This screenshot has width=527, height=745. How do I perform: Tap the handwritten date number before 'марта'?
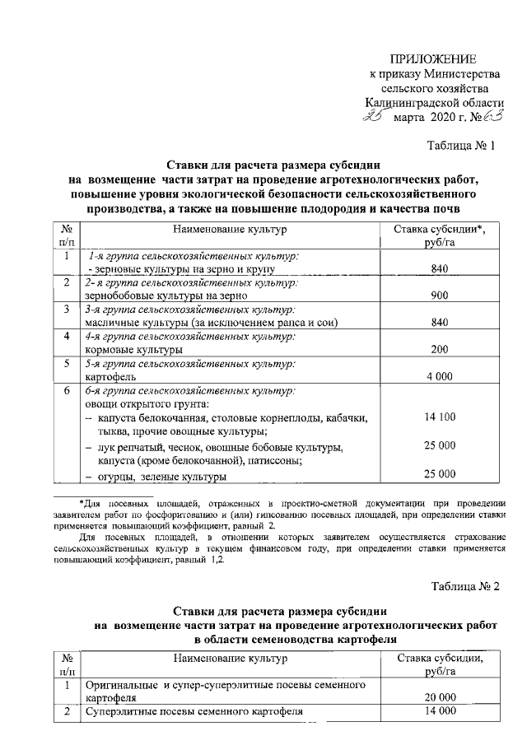coord(380,119)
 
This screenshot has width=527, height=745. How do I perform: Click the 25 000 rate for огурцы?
coord(439,473)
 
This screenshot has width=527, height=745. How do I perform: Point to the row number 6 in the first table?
coord(67,391)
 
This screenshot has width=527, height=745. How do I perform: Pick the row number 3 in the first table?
coord(67,310)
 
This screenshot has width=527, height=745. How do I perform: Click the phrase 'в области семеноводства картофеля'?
coord(296,638)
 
